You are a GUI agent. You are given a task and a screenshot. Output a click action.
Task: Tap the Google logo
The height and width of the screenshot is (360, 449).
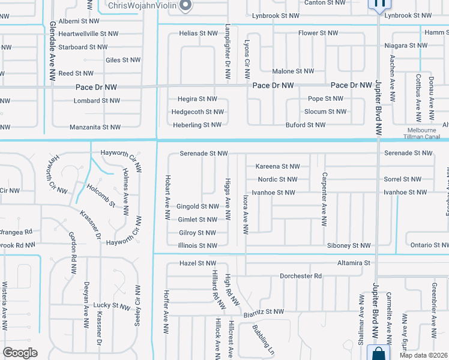pyautogui.click(x=20, y=353)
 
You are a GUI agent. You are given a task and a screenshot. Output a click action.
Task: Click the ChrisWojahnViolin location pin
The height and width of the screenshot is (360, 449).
pyautogui.click(x=185, y=5)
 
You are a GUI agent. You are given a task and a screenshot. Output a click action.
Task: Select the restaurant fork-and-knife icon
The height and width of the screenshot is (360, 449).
pyautogui.click(x=379, y=4)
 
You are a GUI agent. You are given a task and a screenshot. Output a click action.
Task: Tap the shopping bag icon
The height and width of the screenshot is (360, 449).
pyautogui.click(x=379, y=353)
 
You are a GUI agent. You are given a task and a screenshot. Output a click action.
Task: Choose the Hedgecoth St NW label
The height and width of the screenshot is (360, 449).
pyautogui.click(x=197, y=112)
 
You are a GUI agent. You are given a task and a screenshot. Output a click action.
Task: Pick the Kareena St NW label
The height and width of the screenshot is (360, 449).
pyautogui.click(x=277, y=166)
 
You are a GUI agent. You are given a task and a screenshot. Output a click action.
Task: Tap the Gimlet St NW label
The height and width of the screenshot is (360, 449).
pyautogui.click(x=197, y=220)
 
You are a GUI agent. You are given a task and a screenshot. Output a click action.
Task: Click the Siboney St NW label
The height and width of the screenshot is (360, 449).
pyautogui.click(x=349, y=245)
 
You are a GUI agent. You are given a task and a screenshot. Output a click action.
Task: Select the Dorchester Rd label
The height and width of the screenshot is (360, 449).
pyautogui.click(x=301, y=276)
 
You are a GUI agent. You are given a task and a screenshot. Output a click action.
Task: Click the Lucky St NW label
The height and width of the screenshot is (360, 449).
pyautogui.click(x=112, y=306)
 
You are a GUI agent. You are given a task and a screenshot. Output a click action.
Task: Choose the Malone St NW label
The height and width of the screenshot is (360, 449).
pyautogui.click(x=293, y=71)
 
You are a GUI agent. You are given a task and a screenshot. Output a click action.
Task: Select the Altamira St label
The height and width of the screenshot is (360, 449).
pyautogui.click(x=354, y=263)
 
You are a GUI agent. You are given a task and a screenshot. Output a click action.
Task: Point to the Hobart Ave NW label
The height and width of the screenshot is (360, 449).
pyautogui.click(x=167, y=197)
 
